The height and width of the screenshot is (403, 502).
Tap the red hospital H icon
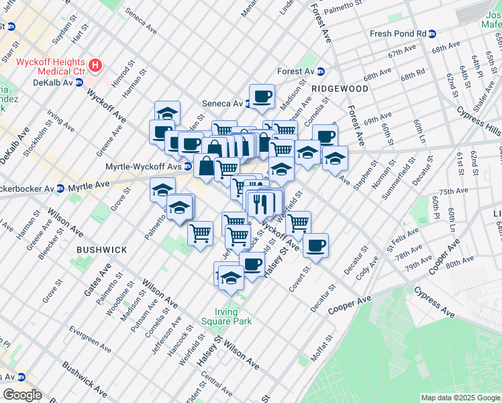[95, 66]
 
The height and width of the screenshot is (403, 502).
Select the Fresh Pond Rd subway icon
[432, 34]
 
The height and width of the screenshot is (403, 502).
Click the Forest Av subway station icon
[321, 71]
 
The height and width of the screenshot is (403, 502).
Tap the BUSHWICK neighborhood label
[101, 250]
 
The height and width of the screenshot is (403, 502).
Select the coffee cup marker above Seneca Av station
[262, 95]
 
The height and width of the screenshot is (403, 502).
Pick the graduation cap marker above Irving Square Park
[230, 277]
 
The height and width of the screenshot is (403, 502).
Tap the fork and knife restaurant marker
[260, 202]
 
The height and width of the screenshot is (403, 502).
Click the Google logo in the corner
[21, 395]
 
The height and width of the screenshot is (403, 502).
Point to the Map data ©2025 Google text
[460, 398]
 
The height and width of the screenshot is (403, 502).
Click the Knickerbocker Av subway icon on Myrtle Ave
[60, 188]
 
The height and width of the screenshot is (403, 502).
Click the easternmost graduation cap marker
[335, 159]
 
